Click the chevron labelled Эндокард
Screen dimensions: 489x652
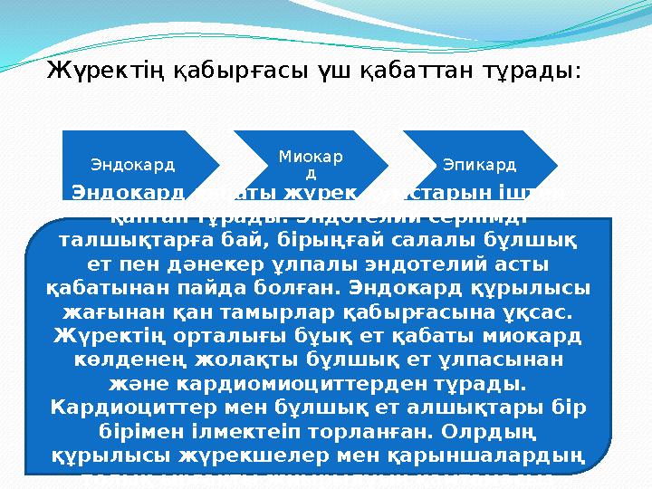(134, 166)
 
